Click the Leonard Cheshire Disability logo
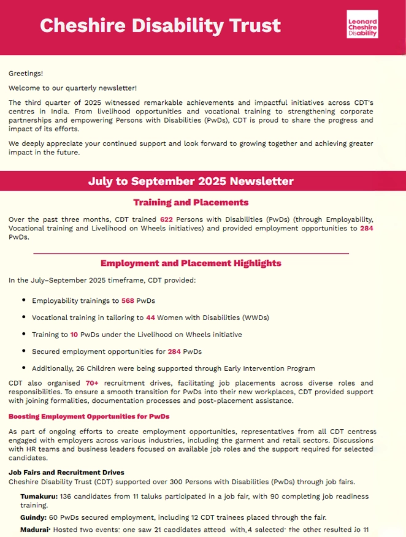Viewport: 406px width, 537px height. [362, 25]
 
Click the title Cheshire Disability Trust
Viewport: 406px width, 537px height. [160, 25]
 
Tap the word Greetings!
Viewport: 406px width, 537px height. [26, 74]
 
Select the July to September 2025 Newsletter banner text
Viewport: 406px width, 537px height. [191, 181]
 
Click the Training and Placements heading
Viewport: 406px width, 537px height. [191, 202]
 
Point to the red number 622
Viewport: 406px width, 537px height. [166, 219]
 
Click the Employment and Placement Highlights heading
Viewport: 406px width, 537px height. [191, 263]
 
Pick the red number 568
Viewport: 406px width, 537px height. [128, 300]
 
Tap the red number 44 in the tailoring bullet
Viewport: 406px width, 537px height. [150, 318]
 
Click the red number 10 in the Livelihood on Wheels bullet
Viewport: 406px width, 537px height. [74, 335]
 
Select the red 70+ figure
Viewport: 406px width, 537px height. [93, 383]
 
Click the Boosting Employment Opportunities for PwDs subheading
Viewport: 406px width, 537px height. [89, 416]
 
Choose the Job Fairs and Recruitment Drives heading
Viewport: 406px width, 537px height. [66, 473]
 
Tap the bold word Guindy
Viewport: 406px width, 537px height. [33, 518]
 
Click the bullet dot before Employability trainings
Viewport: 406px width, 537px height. [23, 300]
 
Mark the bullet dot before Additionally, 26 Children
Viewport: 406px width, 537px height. [23, 368]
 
